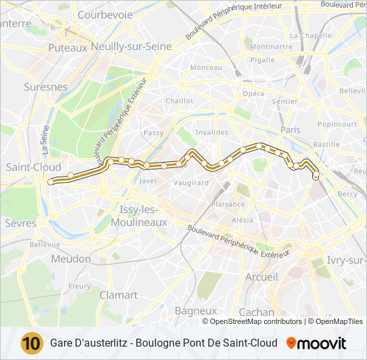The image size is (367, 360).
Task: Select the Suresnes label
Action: click(x=45, y=87)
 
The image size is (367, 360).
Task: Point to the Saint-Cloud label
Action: click(x=33, y=167)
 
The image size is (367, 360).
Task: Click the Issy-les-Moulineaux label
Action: click(x=143, y=215)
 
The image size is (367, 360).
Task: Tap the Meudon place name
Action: click(x=71, y=259)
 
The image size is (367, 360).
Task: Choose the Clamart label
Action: click(x=118, y=295)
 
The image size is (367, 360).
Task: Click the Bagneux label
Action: click(x=196, y=311)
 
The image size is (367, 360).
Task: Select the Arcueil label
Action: click(x=262, y=277)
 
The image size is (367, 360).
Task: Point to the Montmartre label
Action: click(x=272, y=47)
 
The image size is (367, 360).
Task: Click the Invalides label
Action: click(x=212, y=132)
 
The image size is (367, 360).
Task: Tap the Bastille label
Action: click(x=326, y=144)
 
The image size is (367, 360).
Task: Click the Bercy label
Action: click(x=348, y=193)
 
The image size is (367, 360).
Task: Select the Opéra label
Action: click(x=253, y=94)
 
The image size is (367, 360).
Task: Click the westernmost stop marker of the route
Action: click(x=50, y=181)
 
